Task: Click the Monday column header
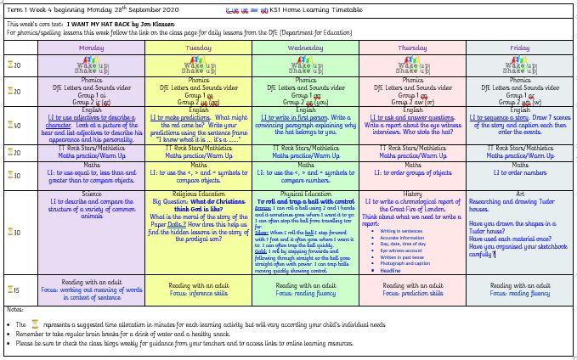91,48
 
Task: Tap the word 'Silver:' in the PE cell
263,230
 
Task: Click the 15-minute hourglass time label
14,290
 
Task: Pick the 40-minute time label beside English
14,125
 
